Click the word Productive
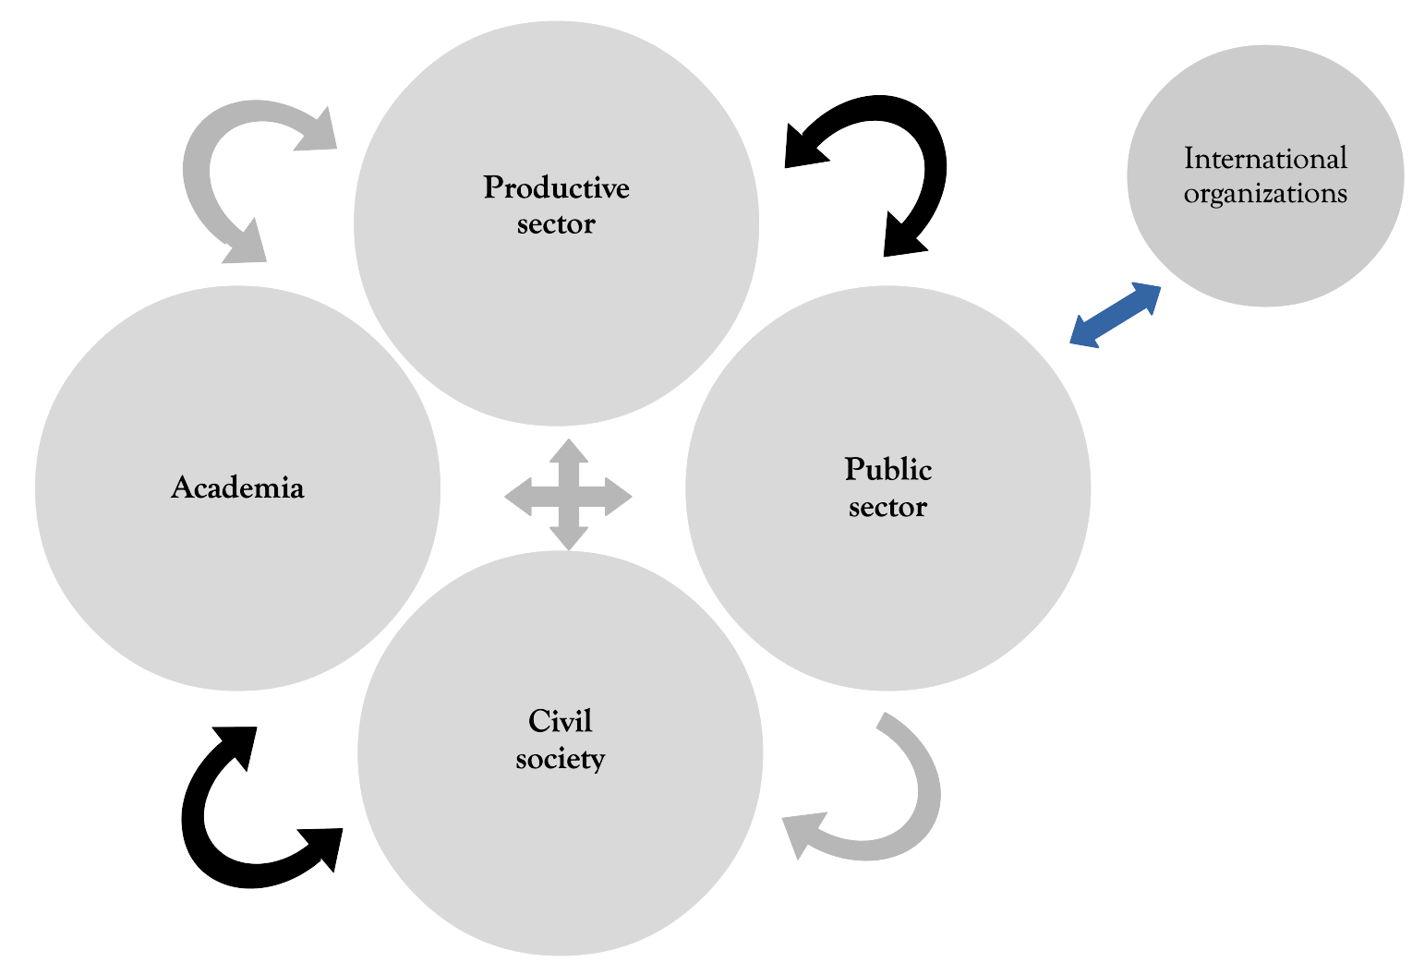[556, 188]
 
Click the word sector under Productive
[556, 224]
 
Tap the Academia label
[237, 487]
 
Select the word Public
[887, 470]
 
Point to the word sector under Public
[887, 507]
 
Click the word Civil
[560, 721]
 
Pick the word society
[560, 759]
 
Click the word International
[1265, 159]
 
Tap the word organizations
[1265, 194]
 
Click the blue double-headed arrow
[1115, 316]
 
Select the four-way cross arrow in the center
[568, 496]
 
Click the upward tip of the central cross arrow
[569, 449]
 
